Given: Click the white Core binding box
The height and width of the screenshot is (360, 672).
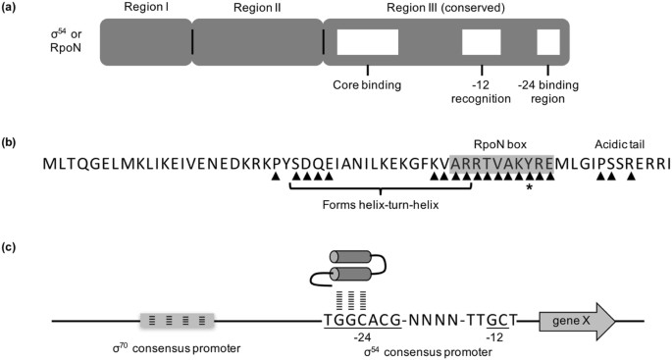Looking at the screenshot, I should pyautogui.click(x=368, y=42).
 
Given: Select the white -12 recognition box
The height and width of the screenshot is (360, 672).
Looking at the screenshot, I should pyautogui.click(x=482, y=42).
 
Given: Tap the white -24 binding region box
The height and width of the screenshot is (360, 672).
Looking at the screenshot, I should pyautogui.click(x=548, y=42).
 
